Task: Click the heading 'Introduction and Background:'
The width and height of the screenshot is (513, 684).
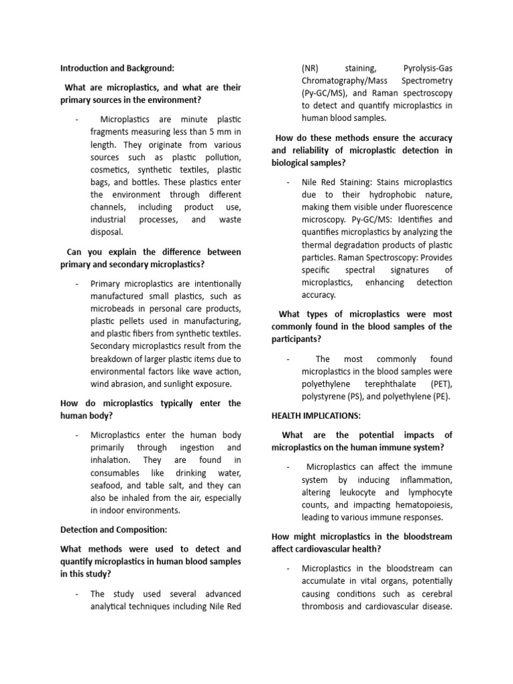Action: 117,68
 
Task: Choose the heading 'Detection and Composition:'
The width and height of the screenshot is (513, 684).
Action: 114,530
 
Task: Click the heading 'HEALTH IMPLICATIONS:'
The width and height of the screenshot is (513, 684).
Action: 316,415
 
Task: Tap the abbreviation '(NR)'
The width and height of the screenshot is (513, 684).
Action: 311,68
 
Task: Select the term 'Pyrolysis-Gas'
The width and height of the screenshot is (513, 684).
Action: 427,68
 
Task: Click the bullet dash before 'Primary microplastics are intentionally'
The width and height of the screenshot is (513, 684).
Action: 77,283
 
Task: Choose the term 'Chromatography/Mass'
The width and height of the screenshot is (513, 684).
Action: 345,81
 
